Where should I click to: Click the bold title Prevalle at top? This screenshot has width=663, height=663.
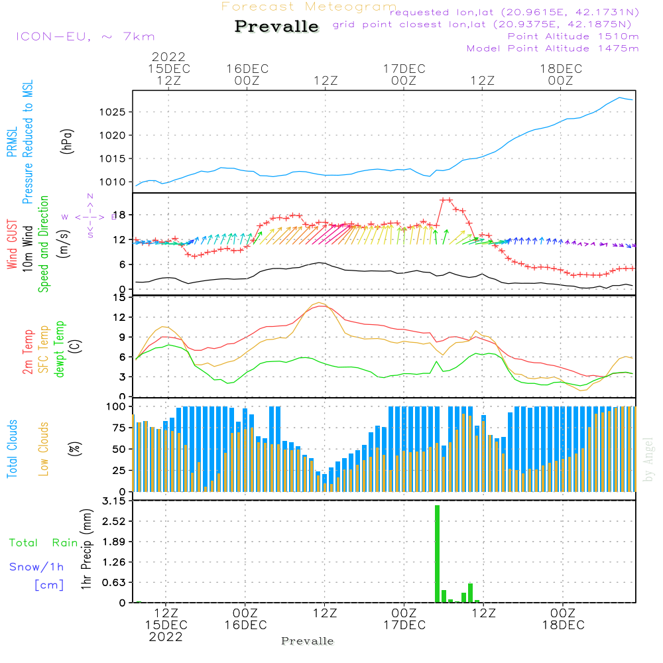click(x=276, y=27)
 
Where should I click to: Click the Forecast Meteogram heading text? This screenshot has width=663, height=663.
click(x=308, y=7)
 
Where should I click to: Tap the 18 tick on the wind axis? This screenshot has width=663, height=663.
click(x=119, y=215)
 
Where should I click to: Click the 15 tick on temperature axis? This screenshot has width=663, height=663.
click(x=119, y=298)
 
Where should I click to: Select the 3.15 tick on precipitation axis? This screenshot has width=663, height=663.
click(x=113, y=501)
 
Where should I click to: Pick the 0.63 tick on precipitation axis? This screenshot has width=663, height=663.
click(x=113, y=583)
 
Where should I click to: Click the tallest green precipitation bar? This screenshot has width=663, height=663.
click(x=438, y=554)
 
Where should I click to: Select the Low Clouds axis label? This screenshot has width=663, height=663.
click(x=44, y=449)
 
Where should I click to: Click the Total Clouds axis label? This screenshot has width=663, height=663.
click(x=12, y=449)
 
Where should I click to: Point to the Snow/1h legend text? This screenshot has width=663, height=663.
click(x=36, y=567)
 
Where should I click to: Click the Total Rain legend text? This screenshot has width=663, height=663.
click(x=44, y=543)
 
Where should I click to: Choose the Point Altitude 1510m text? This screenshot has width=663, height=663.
click(x=573, y=36)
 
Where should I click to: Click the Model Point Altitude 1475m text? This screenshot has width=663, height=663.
click(x=552, y=48)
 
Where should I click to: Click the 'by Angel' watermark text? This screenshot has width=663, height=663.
click(x=648, y=459)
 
